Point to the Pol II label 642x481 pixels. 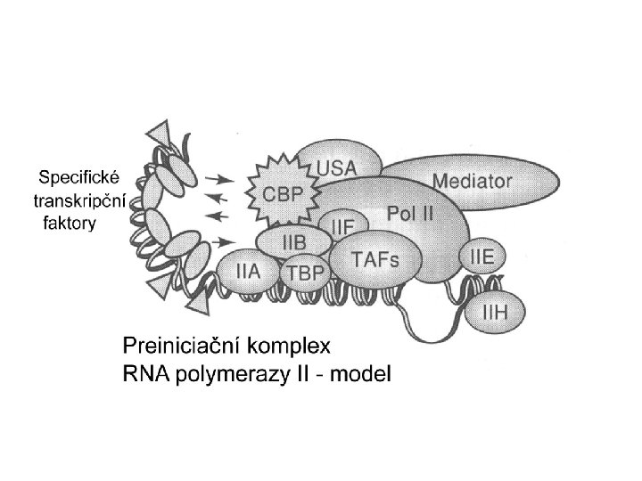click(411, 214)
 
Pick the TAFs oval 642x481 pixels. click(375, 259)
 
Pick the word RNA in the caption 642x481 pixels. click(141, 373)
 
